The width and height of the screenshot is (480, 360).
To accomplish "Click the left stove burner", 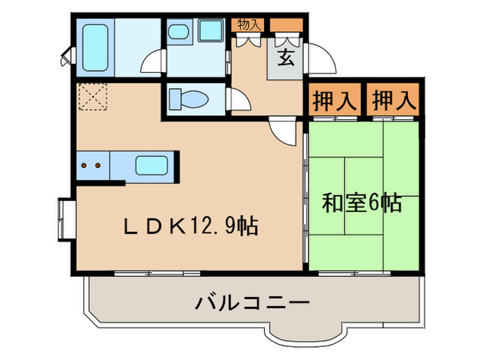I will (x=84, y=165).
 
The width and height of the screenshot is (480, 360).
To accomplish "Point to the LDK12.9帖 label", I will (x=190, y=226).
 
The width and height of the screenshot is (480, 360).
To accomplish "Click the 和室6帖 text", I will (x=361, y=204).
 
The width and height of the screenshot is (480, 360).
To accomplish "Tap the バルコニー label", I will (x=252, y=302).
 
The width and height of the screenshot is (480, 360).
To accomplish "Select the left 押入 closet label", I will (x=335, y=101).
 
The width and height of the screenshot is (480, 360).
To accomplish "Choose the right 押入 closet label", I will (x=394, y=101).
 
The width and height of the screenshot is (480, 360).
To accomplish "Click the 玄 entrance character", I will (x=287, y=58).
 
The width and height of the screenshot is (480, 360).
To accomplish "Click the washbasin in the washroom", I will (x=180, y=32).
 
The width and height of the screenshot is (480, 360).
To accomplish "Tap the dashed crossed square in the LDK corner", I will (x=93, y=96).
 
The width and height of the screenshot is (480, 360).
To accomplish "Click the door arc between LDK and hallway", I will (x=283, y=129).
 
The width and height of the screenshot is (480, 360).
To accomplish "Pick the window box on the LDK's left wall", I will (x=66, y=219).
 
